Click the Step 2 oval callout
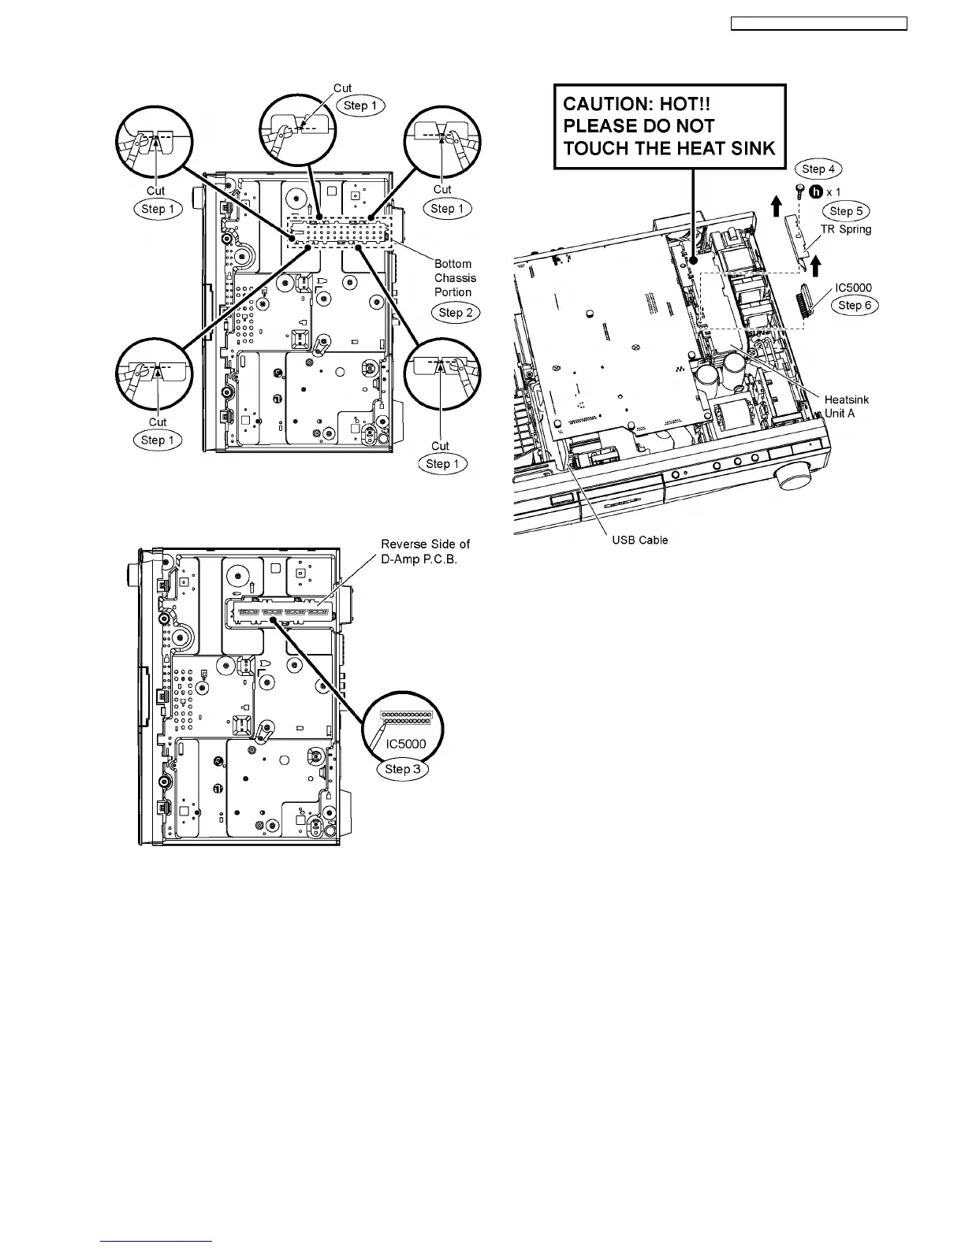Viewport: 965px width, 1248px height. [x=456, y=313]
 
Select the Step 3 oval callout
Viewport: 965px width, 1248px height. [x=403, y=769]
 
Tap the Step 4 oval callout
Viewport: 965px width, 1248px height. [x=818, y=169]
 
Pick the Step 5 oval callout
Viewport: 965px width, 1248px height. [x=846, y=211]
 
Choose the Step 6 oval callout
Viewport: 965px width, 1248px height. [x=855, y=306]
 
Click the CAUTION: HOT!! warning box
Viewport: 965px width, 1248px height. [x=670, y=126]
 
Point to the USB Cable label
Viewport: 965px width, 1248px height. [x=640, y=540]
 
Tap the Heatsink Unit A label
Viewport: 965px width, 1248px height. [x=846, y=407]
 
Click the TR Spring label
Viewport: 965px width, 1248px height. [x=846, y=229]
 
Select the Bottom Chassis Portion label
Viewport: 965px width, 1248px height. [x=454, y=278]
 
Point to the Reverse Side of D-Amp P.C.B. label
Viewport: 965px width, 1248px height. [x=425, y=552]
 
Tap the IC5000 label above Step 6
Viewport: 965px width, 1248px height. [x=853, y=288]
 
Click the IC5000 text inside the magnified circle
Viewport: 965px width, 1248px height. [x=406, y=744]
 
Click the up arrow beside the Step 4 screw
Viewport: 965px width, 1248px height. [x=776, y=206]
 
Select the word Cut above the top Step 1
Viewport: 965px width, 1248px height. [x=342, y=88]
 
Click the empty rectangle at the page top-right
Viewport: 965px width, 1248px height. [x=819, y=24]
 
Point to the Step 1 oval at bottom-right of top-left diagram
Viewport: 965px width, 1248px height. [x=442, y=464]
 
